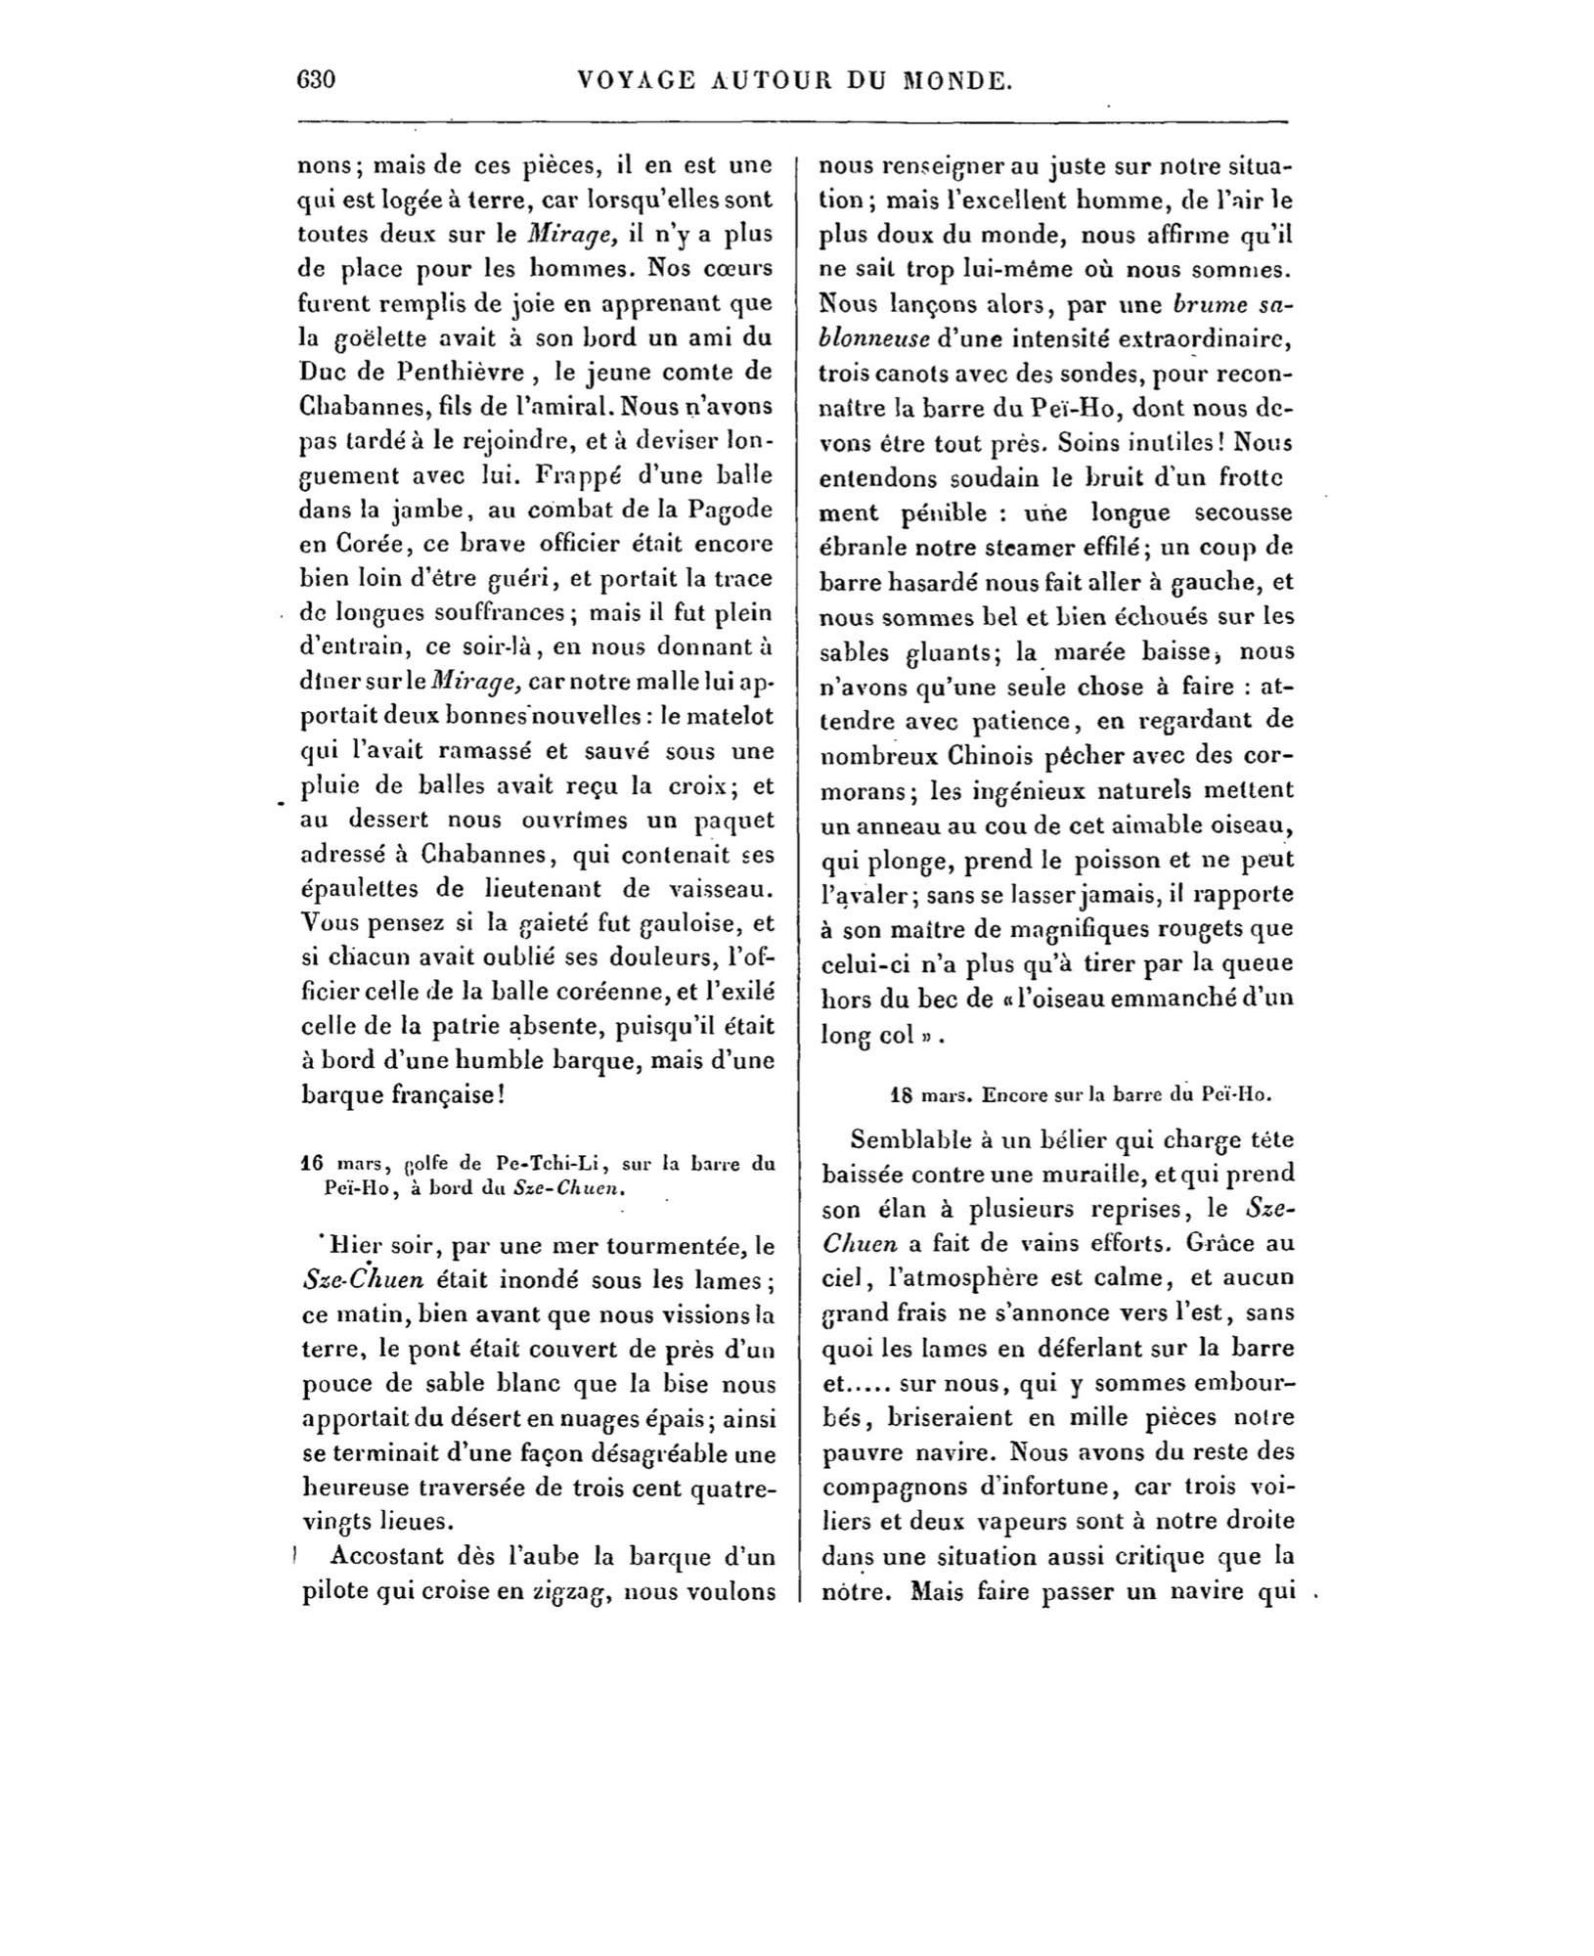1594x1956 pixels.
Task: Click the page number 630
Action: [316, 80]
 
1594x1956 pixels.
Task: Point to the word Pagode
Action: [731, 510]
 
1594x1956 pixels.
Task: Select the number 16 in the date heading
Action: [312, 1164]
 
